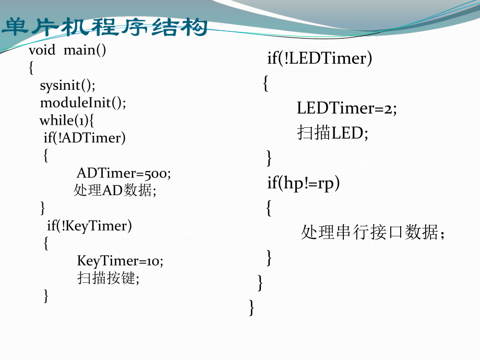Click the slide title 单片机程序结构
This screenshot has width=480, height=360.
point(104,27)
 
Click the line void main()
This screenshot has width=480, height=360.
point(67,51)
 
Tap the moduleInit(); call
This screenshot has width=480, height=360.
point(83,103)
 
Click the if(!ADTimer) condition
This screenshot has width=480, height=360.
point(85,138)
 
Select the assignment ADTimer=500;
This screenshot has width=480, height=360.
point(124,173)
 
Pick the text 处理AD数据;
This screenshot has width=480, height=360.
point(115,190)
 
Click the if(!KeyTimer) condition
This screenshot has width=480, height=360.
point(89,225)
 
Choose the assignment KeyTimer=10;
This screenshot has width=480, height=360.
point(120,260)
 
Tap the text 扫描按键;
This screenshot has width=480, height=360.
point(109,278)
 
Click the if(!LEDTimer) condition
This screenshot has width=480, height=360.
point(320,58)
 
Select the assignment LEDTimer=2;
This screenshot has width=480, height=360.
point(347,109)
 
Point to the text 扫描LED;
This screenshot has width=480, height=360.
point(332,133)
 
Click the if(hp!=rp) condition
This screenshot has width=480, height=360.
point(303,183)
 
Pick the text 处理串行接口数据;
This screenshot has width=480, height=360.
point(373,233)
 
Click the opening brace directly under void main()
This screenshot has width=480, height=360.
point(31,68)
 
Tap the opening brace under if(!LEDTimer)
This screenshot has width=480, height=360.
point(266,83)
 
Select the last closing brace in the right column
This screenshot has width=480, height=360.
point(253,307)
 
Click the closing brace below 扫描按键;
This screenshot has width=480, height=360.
point(46,296)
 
